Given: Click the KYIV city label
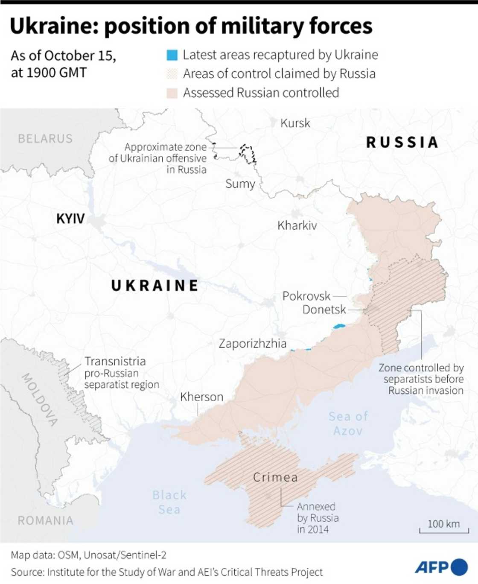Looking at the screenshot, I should click(70, 219).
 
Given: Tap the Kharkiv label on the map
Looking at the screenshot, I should click(297, 225).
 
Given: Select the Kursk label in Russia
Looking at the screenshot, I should click(295, 123).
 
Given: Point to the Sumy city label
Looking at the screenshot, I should click(240, 184).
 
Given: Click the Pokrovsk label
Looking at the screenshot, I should click(306, 296).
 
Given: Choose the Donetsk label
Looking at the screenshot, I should click(324, 310).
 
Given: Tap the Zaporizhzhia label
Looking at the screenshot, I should click(252, 344).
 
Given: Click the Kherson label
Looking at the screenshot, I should click(201, 397).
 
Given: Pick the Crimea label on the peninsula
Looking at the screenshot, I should click(275, 477).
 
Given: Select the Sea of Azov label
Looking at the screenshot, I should click(348, 423).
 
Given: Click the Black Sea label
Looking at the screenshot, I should click(169, 502).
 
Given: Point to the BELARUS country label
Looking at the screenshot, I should click(45, 139).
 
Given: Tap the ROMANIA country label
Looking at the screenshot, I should click(45, 520).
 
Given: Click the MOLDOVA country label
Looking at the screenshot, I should click(40, 400).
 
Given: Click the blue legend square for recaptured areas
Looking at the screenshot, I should click(172, 55).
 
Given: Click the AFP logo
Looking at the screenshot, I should click(441, 567).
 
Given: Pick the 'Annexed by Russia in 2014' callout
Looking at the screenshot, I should click(318, 518).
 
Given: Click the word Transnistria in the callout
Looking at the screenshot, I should click(115, 362).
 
